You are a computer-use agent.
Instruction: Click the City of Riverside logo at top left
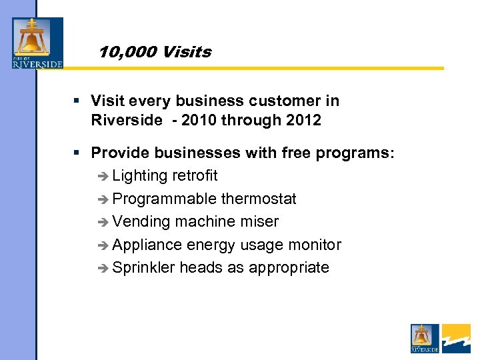point(37,43)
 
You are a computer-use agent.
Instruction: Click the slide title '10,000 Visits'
point(155,52)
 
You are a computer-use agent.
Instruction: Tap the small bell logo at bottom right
point(425,339)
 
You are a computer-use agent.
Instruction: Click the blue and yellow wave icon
point(456,339)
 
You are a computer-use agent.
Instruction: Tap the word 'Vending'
point(140,221)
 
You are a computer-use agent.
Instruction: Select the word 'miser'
point(259,221)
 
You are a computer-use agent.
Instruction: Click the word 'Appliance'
point(147,245)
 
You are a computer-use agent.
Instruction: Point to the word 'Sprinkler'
point(143,267)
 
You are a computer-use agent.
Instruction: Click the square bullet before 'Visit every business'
point(77,101)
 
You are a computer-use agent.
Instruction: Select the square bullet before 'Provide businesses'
point(77,153)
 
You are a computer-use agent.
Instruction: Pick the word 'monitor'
point(315,245)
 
